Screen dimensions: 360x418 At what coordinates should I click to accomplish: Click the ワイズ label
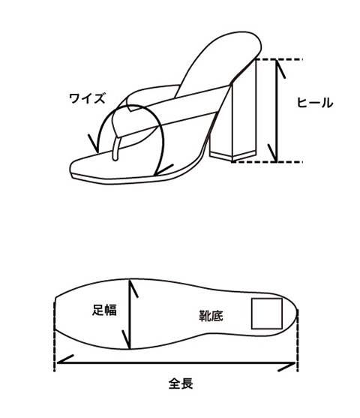[87, 98]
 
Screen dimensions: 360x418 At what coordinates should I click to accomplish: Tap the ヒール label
[315, 103]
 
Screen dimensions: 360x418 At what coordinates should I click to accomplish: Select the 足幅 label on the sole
[104, 310]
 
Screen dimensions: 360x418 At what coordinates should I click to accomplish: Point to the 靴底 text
[211, 316]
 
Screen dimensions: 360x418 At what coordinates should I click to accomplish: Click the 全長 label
[181, 384]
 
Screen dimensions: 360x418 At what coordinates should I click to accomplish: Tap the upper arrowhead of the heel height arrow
[279, 69]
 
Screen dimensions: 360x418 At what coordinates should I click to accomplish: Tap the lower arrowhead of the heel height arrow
[274, 153]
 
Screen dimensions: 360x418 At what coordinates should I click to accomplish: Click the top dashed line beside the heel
[279, 59]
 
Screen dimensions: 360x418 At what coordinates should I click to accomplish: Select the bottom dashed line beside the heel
[267, 162]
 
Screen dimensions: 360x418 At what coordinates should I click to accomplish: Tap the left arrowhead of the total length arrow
[64, 360]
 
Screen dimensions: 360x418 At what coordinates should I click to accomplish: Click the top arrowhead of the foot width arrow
[133, 288]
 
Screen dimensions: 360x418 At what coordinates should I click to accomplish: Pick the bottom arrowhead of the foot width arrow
[127, 339]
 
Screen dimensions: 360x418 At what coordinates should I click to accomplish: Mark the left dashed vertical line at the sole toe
[55, 334]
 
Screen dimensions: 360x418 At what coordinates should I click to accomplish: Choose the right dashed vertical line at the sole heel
[298, 341]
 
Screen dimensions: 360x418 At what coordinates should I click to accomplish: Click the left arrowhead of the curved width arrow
[94, 144]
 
